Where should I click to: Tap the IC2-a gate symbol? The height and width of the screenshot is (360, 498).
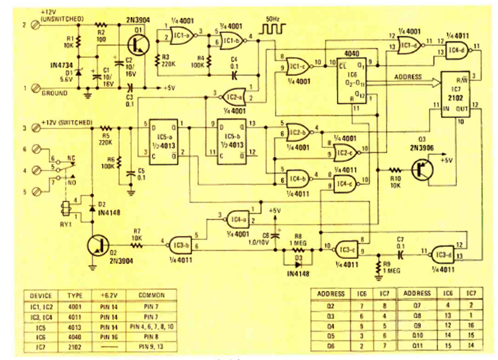234,96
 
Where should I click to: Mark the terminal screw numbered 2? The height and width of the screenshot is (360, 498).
37,24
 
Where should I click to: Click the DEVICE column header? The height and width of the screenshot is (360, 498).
41,295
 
